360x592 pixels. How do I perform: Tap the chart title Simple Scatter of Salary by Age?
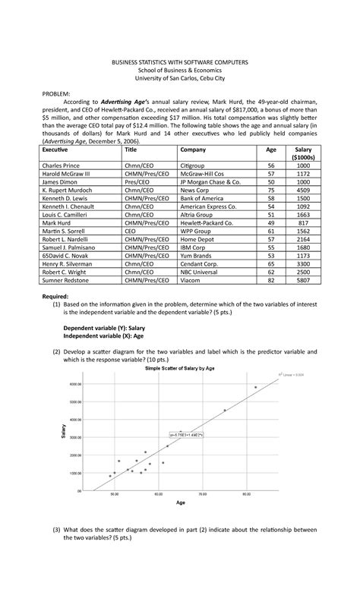click(180, 367)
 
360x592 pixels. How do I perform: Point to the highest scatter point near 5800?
click(256, 387)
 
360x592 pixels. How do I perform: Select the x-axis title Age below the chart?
click(180, 502)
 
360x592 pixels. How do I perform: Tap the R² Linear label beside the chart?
click(290, 374)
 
